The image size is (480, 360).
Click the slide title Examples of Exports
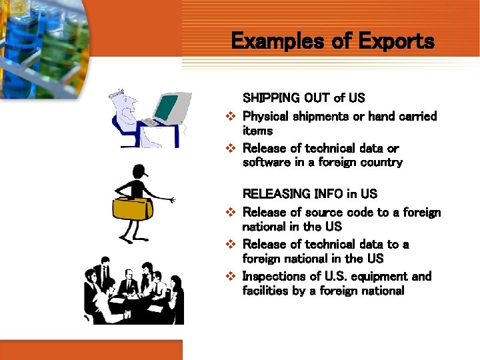[x=332, y=42]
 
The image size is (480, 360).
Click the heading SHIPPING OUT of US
[x=303, y=98]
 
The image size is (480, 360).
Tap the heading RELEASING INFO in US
[x=309, y=194]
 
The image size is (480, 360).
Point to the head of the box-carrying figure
[x=139, y=171]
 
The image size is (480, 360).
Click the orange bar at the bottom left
[x=91, y=349]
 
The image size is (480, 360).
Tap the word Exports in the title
[x=395, y=42]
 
